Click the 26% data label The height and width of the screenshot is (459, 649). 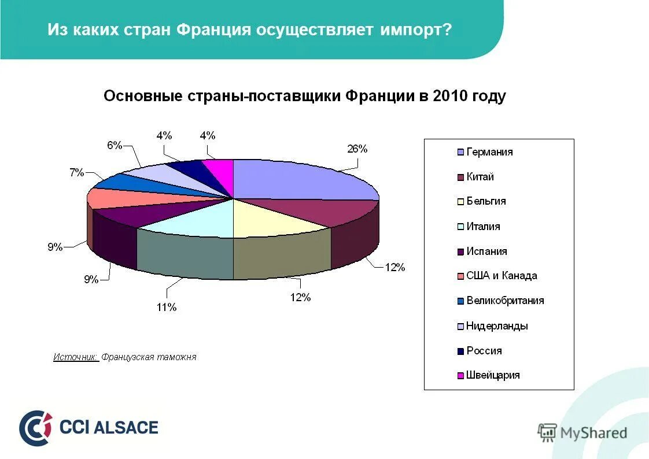pos(357,149)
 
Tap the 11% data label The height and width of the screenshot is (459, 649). pos(166,308)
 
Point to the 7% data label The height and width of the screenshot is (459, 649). pos(78,172)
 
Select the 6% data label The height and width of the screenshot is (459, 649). pos(114,146)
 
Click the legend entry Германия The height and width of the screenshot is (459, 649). pos(489,152)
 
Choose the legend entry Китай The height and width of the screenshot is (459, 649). pos(480,177)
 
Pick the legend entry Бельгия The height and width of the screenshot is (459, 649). pos(486,201)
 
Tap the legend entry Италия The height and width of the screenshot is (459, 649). pos(483,227)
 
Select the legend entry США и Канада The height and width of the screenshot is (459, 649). pos(502,276)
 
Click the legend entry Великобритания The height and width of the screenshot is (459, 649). pos(505,301)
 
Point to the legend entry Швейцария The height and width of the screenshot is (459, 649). pos(493,375)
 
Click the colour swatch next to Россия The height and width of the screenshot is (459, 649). pos(460,351)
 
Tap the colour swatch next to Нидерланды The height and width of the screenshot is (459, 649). pos(460,326)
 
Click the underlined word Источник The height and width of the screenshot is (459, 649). pos(76,357)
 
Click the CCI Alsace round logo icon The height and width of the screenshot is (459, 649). pos(35,428)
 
